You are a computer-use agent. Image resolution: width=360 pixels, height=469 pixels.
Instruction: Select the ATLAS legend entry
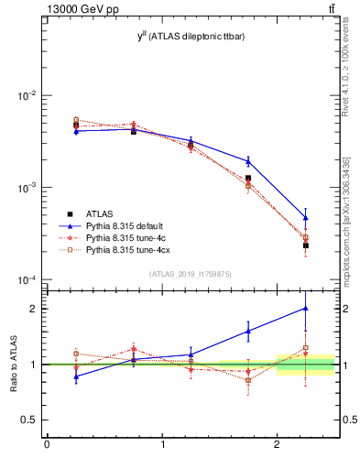click(99, 213)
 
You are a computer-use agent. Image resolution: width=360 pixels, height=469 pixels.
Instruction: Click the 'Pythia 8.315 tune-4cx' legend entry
click(129, 249)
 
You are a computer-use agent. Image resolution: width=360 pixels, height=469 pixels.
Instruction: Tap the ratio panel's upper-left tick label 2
click(34, 309)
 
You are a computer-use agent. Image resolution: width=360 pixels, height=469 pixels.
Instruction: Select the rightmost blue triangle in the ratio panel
click(306, 309)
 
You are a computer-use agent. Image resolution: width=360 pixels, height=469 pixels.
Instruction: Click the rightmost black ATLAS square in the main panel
click(306, 245)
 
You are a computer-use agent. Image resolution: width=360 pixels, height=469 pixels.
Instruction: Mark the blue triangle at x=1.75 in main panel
click(248, 161)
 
